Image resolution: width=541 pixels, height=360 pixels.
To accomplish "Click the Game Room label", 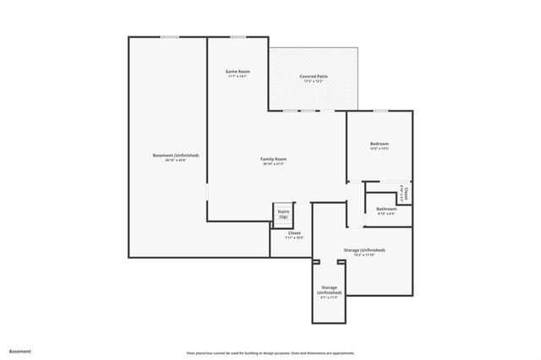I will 238,71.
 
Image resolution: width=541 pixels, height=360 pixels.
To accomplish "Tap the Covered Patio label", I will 314,76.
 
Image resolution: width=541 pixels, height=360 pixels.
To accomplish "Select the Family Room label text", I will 273,159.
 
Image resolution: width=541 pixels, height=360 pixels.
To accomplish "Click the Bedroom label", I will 380,144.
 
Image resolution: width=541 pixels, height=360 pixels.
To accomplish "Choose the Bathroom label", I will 386,208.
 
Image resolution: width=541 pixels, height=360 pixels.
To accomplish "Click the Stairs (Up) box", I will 283,215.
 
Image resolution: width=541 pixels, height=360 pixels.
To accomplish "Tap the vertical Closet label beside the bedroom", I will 405,194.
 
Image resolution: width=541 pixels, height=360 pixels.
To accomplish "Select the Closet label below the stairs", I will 294,232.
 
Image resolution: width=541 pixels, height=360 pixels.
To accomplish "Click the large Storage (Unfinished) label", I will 364,250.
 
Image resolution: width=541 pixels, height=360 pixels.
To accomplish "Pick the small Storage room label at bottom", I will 329,290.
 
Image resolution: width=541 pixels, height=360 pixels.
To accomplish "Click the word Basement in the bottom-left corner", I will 20,350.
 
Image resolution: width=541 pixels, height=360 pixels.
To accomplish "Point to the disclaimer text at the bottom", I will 270,352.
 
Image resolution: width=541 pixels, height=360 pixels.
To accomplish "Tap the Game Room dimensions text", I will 238,77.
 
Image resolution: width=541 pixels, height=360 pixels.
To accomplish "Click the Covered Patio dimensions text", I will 314,82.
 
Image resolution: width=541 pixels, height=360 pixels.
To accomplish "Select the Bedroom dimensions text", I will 380,150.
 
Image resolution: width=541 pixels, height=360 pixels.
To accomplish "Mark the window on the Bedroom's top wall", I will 380,110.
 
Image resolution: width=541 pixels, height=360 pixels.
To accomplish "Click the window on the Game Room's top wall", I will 238,36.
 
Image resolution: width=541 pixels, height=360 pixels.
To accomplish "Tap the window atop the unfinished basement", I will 170,36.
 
